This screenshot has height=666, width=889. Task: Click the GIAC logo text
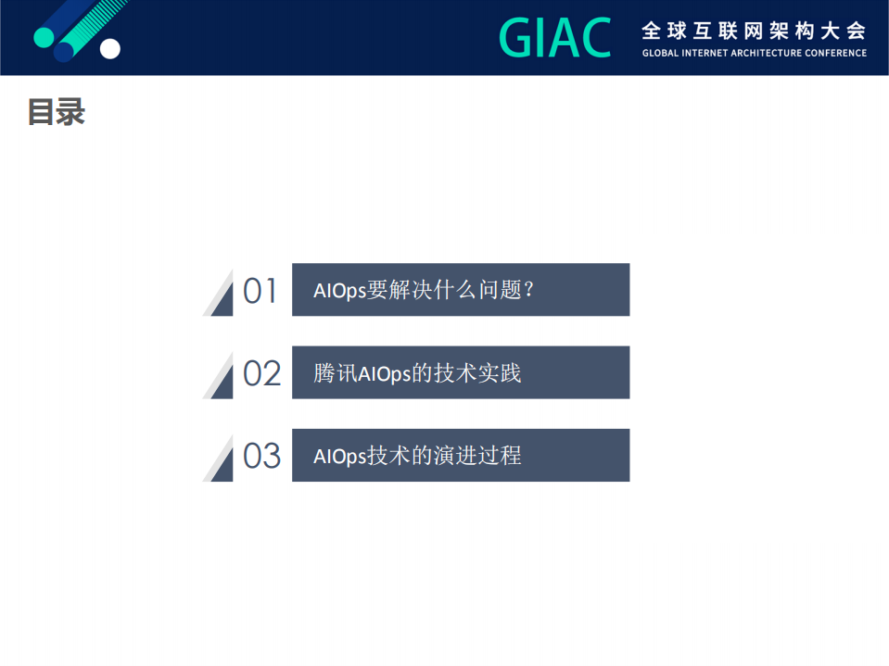pyautogui.click(x=554, y=37)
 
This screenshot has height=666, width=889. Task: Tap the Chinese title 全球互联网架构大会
pyautogui.click(x=754, y=30)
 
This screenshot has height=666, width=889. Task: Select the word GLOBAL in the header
pyautogui.click(x=661, y=53)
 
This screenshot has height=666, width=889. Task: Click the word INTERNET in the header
pyautogui.click(x=705, y=53)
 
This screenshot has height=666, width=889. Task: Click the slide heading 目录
pyautogui.click(x=56, y=112)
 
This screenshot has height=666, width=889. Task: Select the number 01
pyautogui.click(x=260, y=291)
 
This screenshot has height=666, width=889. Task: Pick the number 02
pyautogui.click(x=261, y=373)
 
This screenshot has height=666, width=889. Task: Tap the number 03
pyautogui.click(x=261, y=456)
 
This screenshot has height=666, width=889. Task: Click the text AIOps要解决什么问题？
pyautogui.click(x=425, y=290)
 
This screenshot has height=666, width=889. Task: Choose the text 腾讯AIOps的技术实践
pyautogui.click(x=417, y=372)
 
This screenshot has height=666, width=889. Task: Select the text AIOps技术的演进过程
pyautogui.click(x=417, y=455)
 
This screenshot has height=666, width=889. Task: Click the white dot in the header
pyautogui.click(x=110, y=48)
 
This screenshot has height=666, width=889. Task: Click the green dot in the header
pyautogui.click(x=44, y=37)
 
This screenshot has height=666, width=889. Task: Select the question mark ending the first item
pyautogui.click(x=529, y=290)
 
